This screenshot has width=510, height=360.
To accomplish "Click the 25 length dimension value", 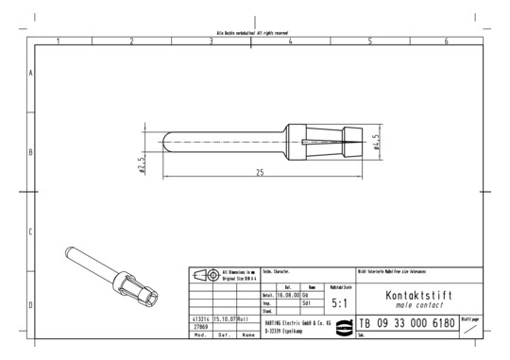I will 259,172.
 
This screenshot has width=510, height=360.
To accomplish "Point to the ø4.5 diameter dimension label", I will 375,142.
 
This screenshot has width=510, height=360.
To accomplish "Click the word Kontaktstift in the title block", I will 419,295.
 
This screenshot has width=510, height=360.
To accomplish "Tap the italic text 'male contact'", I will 419,305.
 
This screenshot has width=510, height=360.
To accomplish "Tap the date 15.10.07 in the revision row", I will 224,319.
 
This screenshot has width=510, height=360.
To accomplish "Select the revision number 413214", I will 199,319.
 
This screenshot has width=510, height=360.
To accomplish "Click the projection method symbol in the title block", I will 205,276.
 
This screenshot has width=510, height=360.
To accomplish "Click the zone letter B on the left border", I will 31,151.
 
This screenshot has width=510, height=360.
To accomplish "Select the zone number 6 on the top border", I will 447,41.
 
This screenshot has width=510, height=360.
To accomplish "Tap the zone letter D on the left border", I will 31,305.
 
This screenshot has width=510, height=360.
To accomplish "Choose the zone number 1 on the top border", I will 58,41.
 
